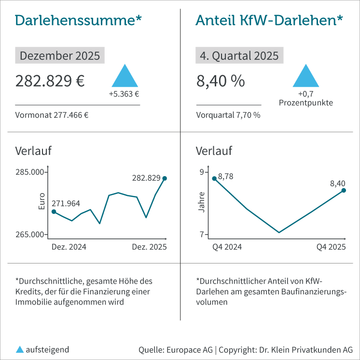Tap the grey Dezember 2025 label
click(60, 55)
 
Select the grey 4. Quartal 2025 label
click(239, 55)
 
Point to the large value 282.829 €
click(50, 81)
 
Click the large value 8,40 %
click(221, 81)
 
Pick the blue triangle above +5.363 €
click(124, 77)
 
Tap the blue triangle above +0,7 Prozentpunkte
click(306, 77)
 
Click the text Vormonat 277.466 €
click(53, 115)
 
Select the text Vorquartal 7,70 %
click(228, 115)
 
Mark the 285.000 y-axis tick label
click(30, 172)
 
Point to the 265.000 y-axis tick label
click(30, 235)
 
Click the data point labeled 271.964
click(54, 211)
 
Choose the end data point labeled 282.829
click(165, 179)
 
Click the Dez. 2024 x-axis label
click(69, 247)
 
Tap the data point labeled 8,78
click(214, 179)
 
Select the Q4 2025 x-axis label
click(331, 247)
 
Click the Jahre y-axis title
click(202, 203)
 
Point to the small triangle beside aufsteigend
click(20, 349)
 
